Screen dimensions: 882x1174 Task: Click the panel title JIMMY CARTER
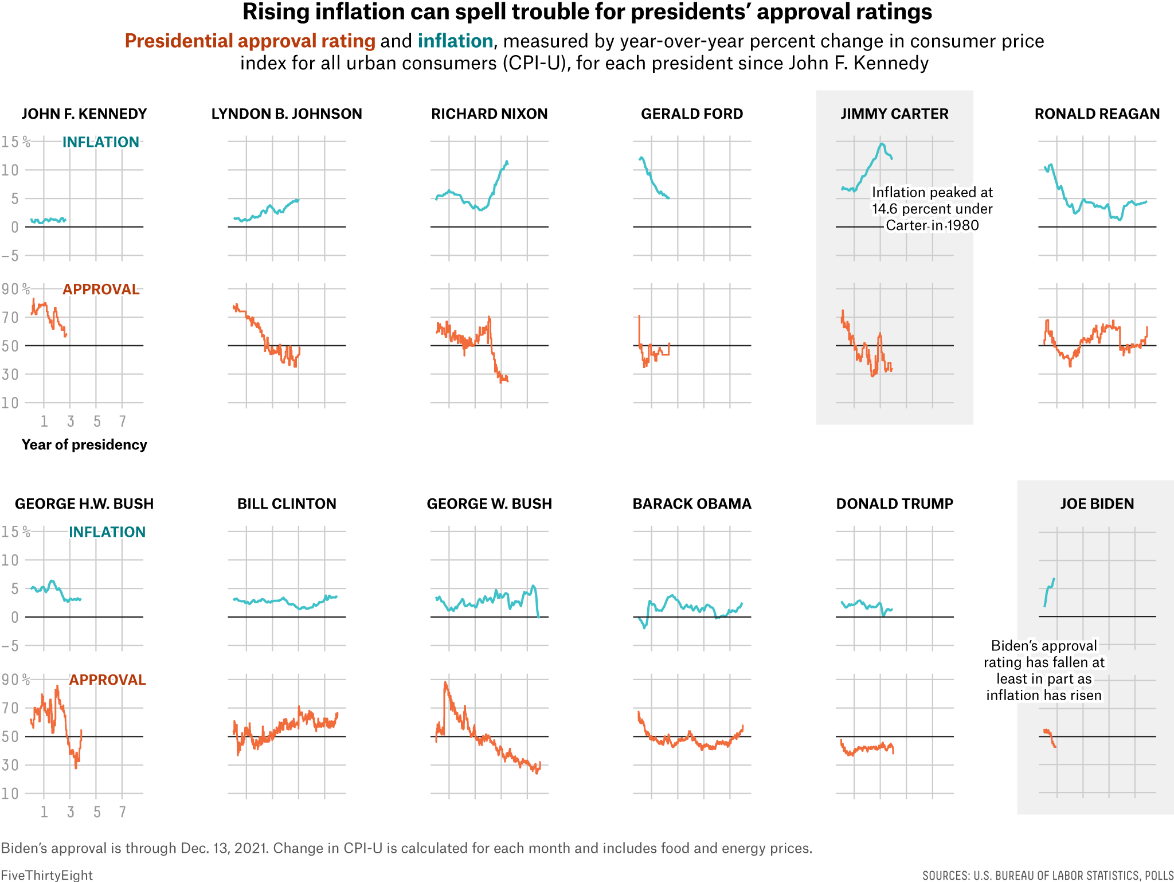(x=894, y=114)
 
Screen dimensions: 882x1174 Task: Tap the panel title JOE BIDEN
(x=1097, y=504)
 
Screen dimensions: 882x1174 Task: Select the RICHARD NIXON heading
(x=489, y=114)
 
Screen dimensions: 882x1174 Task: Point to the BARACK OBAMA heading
(x=691, y=504)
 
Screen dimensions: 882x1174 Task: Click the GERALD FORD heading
(x=691, y=114)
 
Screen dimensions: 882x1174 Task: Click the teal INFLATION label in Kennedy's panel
(x=100, y=142)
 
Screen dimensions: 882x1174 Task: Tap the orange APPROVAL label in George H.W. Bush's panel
(x=107, y=680)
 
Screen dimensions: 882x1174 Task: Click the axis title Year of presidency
(x=84, y=445)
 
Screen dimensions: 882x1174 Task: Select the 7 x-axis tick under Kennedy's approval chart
(x=122, y=422)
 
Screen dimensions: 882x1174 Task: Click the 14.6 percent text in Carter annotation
(x=903, y=209)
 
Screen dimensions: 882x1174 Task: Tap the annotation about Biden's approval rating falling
(x=1043, y=670)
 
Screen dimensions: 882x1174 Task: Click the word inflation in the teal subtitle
(x=455, y=41)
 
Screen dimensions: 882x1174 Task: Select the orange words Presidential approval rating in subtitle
(x=250, y=41)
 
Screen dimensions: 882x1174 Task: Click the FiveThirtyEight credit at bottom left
(x=46, y=875)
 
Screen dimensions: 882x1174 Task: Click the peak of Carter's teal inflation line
(x=882, y=143)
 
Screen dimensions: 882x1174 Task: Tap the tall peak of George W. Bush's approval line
(x=445, y=682)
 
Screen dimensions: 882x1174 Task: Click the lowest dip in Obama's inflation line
(x=645, y=627)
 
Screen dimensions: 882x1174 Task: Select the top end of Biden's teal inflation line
(x=1054, y=579)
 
